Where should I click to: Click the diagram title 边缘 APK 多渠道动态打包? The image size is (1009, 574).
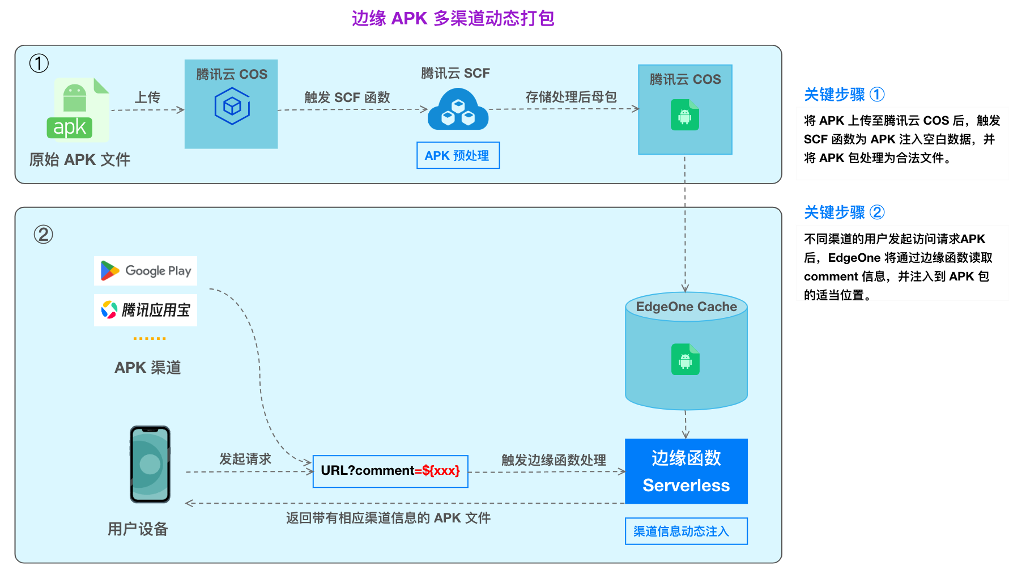(453, 19)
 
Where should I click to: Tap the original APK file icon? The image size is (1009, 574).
(78, 110)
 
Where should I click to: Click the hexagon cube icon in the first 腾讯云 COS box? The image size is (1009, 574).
(232, 107)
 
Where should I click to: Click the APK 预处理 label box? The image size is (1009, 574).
(458, 155)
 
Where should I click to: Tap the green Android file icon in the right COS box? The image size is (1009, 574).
(685, 115)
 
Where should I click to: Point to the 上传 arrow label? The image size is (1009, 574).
(147, 97)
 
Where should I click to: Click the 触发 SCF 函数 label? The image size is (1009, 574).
(347, 97)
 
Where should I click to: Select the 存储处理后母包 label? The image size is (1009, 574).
(571, 97)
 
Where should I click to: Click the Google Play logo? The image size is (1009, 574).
(146, 271)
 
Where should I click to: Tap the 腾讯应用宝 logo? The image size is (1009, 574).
(146, 310)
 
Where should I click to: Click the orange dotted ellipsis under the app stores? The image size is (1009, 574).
(150, 338)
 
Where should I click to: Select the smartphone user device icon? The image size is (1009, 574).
(150, 465)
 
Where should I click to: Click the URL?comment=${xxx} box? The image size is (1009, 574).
(390, 471)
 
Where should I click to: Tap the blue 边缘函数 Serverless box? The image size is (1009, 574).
(686, 471)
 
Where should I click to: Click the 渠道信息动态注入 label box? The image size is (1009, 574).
(686, 531)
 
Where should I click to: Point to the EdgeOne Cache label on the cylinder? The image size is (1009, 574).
(686, 307)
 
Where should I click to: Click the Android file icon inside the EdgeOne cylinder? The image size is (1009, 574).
(686, 359)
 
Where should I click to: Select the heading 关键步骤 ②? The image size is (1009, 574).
(844, 212)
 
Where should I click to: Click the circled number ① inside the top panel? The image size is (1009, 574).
(39, 63)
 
